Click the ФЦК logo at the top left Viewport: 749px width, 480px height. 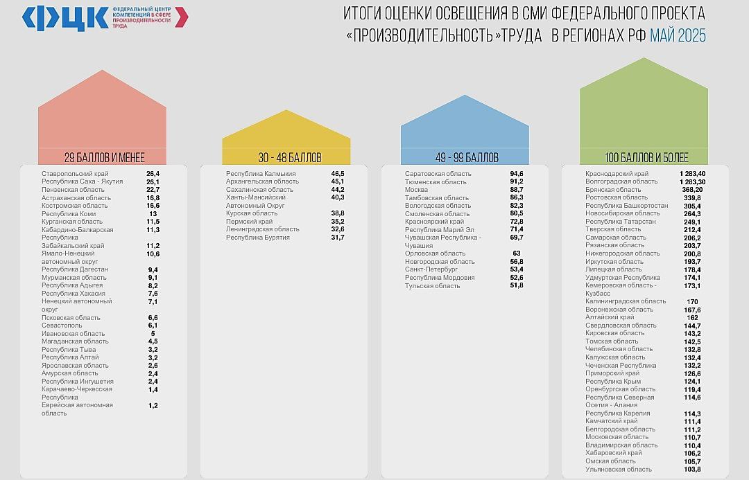pyautogui.click(x=65, y=18)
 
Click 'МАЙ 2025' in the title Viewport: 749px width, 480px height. pyautogui.click(x=678, y=36)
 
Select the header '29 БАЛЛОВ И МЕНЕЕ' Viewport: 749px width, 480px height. pyautogui.click(x=104, y=157)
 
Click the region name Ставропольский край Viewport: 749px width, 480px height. pyautogui.click(x=75, y=174)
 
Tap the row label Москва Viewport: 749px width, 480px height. pyautogui.click(x=416, y=190)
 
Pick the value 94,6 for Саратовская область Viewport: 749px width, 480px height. pyautogui.click(x=517, y=174)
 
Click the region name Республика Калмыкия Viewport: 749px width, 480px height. pyautogui.click(x=261, y=174)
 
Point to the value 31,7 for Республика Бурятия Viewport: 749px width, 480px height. pyautogui.click(x=338, y=238)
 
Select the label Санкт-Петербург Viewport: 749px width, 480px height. pyautogui.click(x=431, y=269)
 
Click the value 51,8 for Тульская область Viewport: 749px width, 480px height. pyautogui.click(x=517, y=285)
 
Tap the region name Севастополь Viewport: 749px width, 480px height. pyautogui.click(x=60, y=326)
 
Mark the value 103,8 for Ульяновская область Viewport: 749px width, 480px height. pyautogui.click(x=692, y=470)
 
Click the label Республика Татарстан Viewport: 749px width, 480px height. pyautogui.click(x=621, y=222)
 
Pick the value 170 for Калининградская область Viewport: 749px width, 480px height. pyautogui.click(x=692, y=301)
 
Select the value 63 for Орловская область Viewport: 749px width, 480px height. pyautogui.click(x=517, y=254)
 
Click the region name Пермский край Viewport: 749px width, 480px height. pyautogui.click(x=249, y=222)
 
